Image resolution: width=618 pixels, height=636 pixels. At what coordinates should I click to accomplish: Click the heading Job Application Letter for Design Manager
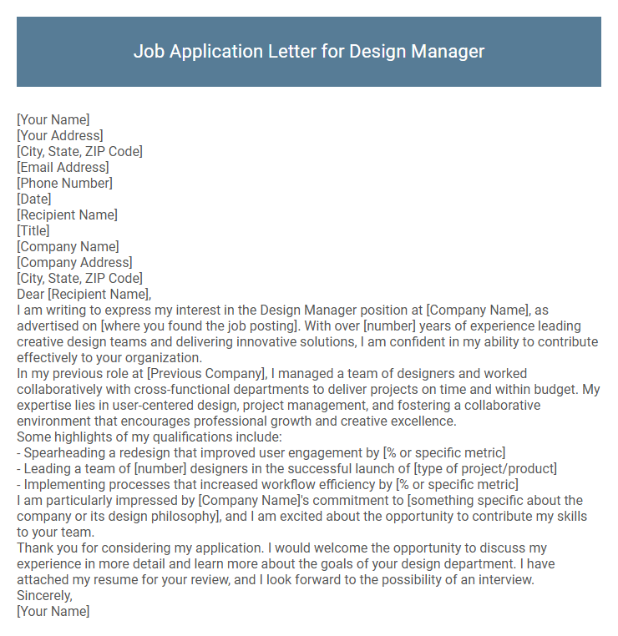[309, 51]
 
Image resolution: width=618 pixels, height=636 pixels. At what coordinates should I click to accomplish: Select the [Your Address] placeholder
[60, 135]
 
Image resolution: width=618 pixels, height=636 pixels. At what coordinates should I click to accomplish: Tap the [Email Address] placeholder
[63, 167]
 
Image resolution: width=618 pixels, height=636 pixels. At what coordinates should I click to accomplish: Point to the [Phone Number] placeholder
[64, 183]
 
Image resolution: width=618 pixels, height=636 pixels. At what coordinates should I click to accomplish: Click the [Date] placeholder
[34, 199]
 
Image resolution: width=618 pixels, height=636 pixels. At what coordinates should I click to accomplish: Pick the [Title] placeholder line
[33, 230]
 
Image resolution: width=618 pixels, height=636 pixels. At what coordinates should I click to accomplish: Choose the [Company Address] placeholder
[74, 262]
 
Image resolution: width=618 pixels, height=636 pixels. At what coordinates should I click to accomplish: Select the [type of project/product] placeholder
[485, 468]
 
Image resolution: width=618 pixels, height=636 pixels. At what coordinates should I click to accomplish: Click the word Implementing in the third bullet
[63, 484]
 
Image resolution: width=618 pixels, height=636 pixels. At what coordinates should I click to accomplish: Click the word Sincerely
[44, 595]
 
